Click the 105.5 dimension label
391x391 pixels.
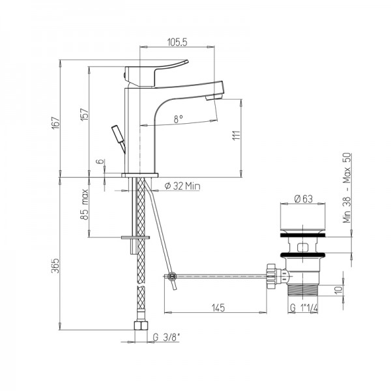(177, 42)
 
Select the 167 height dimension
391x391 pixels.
(56, 123)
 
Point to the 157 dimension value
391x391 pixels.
(85, 115)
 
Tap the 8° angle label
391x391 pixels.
(179, 119)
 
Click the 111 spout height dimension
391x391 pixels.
(237, 135)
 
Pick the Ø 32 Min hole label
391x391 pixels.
(182, 186)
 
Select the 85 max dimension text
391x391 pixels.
(85, 204)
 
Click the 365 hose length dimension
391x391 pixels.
(56, 265)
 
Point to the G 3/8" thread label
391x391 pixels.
(166, 338)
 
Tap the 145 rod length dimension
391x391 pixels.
(218, 308)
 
